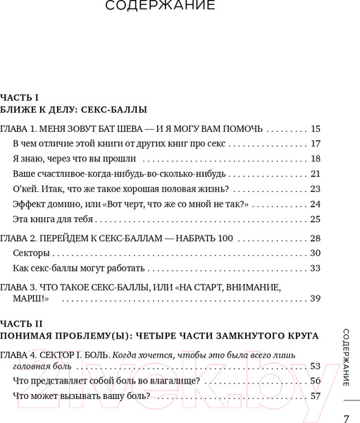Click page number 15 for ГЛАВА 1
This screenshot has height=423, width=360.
[315, 129]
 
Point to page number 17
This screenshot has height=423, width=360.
[315, 144]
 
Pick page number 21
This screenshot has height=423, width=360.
[315, 173]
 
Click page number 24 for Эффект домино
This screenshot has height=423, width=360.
[315, 204]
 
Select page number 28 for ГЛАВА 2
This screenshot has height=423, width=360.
[315, 238]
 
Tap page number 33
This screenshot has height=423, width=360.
[315, 268]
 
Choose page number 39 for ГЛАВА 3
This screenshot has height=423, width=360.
[315, 299]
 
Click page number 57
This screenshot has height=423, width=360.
[315, 396]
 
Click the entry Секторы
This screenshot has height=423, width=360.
[32, 253]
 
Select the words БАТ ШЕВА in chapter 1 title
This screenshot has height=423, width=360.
[126, 129]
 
